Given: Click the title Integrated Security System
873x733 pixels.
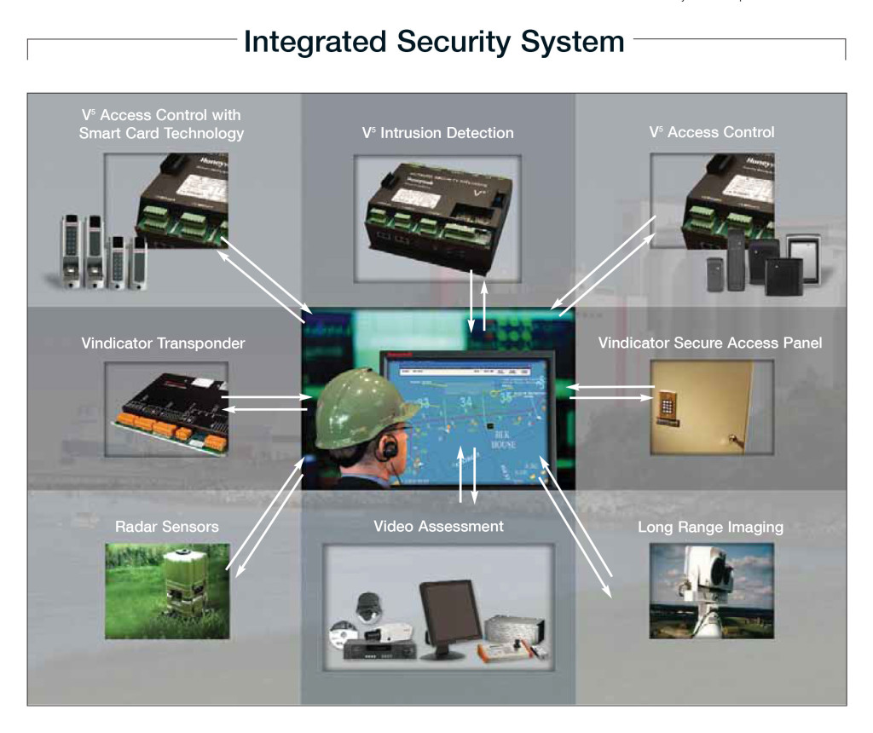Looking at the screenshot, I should (435, 41).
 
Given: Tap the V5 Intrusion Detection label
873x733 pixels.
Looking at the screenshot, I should (437, 132).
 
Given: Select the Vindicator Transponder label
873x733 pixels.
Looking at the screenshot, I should (163, 343).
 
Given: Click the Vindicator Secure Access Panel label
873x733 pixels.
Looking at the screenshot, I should (709, 343).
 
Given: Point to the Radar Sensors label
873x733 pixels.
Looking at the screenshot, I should (166, 527).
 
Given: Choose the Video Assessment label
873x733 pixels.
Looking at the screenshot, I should (438, 526).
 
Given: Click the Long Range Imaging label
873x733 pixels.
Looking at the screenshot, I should (710, 527).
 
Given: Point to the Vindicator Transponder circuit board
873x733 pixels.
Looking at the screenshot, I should (166, 409).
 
